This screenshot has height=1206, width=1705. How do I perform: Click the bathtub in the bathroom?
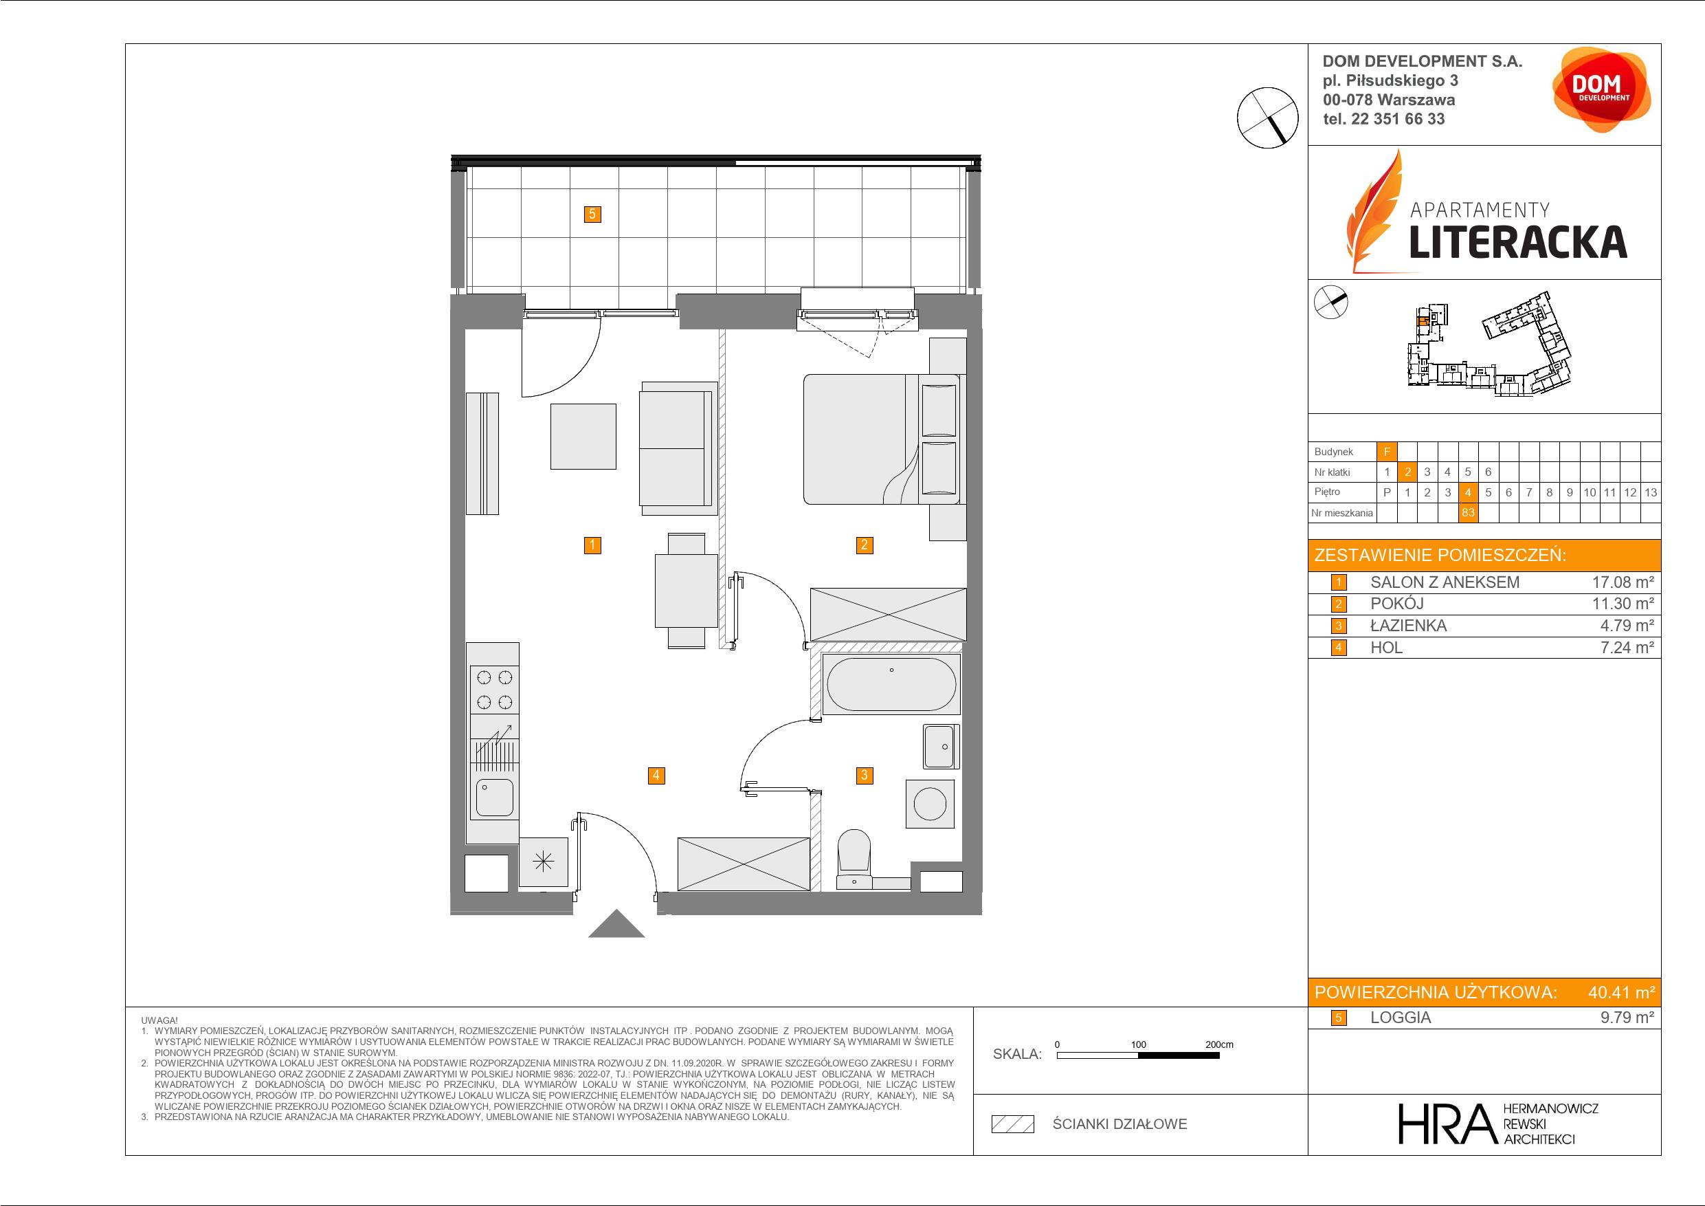pyautogui.click(x=891, y=683)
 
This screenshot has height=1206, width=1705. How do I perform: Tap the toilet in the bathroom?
pyautogui.click(x=854, y=858)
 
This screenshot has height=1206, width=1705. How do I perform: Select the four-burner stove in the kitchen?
pyautogui.click(x=495, y=690)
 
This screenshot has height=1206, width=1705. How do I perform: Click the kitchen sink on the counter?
pyautogui.click(x=494, y=797)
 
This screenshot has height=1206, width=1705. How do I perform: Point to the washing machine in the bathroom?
pyautogui.click(x=930, y=803)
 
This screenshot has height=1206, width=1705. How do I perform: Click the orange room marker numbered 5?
pyautogui.click(x=592, y=214)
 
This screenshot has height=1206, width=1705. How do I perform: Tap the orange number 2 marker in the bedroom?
pyautogui.click(x=864, y=545)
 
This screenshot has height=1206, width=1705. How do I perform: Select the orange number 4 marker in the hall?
pyautogui.click(x=656, y=775)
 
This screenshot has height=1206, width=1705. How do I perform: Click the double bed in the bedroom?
pyautogui.click(x=882, y=439)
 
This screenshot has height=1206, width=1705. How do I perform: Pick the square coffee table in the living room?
pyautogui.click(x=583, y=436)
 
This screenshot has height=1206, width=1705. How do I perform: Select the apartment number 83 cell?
pyautogui.click(x=1467, y=513)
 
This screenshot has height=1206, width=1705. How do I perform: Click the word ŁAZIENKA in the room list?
pyautogui.click(x=1409, y=626)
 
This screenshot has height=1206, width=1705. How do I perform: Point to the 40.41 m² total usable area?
pyautogui.click(x=1621, y=992)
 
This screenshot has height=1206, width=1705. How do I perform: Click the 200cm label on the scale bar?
pyautogui.click(x=1218, y=1044)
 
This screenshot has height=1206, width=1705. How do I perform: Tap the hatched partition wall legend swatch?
pyautogui.click(x=1013, y=1124)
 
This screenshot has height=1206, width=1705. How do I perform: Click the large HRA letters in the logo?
pyautogui.click(x=1447, y=1123)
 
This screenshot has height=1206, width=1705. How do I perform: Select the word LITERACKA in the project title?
pyautogui.click(x=1518, y=242)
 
